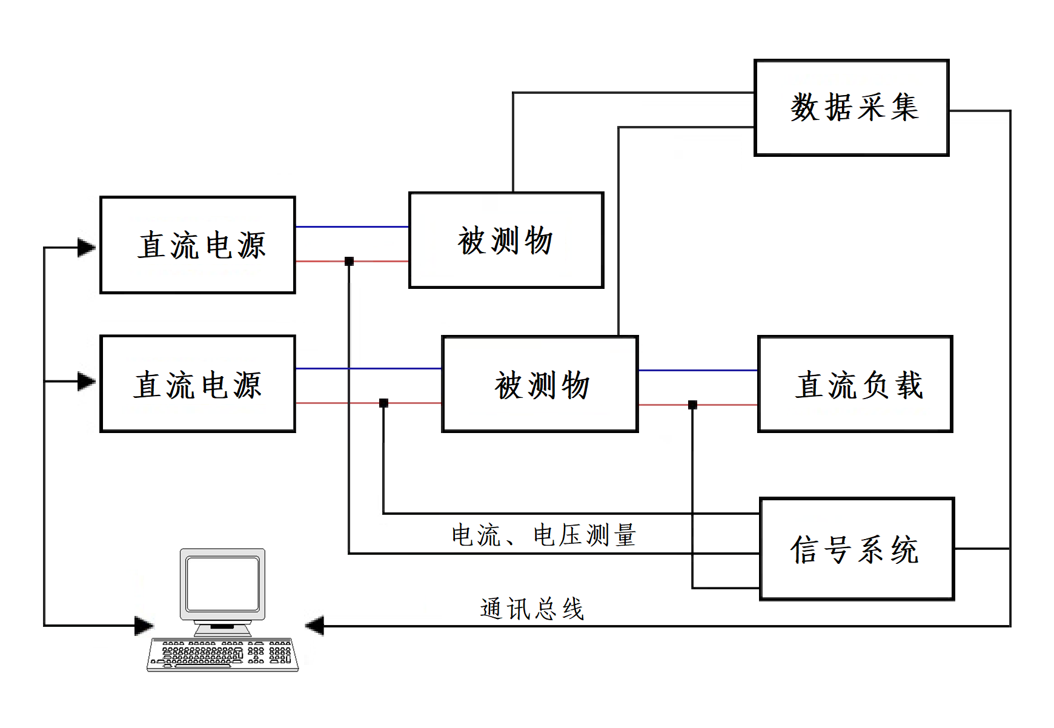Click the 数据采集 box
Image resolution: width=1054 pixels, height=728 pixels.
[851, 108]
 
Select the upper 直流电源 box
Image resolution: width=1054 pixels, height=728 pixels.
[197, 245]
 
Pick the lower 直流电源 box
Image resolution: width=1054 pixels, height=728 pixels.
[197, 383]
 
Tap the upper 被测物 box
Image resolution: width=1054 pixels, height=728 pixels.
[506, 240]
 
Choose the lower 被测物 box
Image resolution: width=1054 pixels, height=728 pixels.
[540, 384]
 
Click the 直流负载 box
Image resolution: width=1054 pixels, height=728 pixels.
[855, 384]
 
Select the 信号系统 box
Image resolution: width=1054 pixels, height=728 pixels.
[857, 549]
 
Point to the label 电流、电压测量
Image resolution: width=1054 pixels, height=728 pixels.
[543, 535]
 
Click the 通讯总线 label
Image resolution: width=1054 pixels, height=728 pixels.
[532, 609]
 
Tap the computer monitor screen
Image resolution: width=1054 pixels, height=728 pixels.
[223, 584]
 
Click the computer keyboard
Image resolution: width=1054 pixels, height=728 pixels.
[223, 654]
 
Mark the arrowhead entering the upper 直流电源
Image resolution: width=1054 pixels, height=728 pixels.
[87, 248]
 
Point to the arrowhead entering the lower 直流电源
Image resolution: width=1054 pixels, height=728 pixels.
[87, 382]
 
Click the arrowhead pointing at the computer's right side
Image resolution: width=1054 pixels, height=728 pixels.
[315, 626]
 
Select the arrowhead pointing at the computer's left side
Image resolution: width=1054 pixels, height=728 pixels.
[144, 626]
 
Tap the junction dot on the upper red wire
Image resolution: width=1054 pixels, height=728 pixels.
[349, 261]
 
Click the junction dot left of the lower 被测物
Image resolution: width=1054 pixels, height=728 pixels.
[383, 403]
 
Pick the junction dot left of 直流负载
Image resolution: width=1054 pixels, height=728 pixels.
[692, 405]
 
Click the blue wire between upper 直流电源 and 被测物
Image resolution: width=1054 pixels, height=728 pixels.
[352, 227]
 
